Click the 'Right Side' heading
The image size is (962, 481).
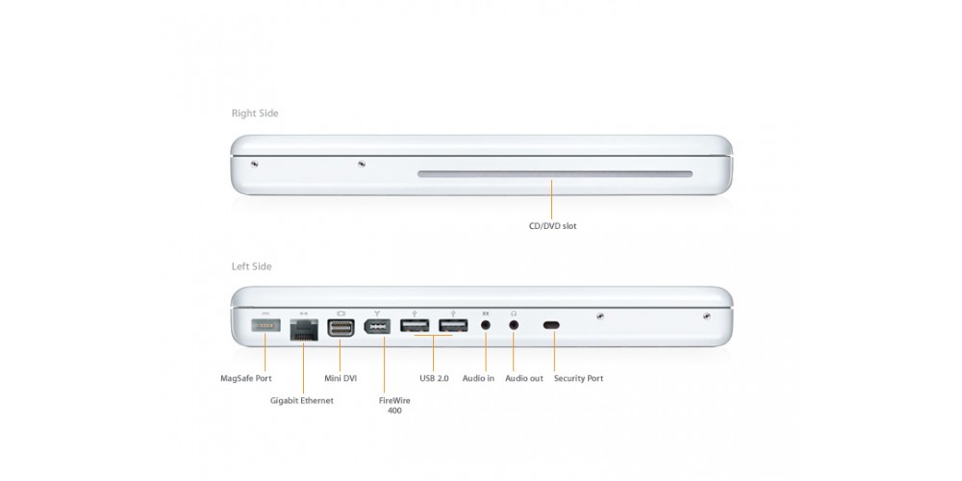pos(255,114)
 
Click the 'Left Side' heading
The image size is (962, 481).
pos(251,266)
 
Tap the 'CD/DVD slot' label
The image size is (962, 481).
pos(553,226)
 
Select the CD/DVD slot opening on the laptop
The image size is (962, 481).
pos(555,174)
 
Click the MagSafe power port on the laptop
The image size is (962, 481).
pos(266,325)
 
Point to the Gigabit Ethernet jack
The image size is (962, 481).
pos(304,329)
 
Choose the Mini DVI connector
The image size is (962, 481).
pos(341,328)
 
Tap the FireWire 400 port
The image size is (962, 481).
pos(377,326)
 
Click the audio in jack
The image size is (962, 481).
pos(486,325)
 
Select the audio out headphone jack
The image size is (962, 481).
pos(514,325)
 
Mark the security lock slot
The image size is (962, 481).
pos(551,325)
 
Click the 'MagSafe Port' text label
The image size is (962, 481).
pos(246,378)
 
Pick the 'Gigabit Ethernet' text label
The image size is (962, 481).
pos(302,400)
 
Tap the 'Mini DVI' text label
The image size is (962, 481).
pos(341,378)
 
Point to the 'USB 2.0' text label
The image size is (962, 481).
pos(434,378)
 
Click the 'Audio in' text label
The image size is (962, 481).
pos(478,378)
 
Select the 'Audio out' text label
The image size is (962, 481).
pos(524,378)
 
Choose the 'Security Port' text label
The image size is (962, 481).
pos(578,378)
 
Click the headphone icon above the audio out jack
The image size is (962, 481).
pos(514,314)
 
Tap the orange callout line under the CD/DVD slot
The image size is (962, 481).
pos(551,199)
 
